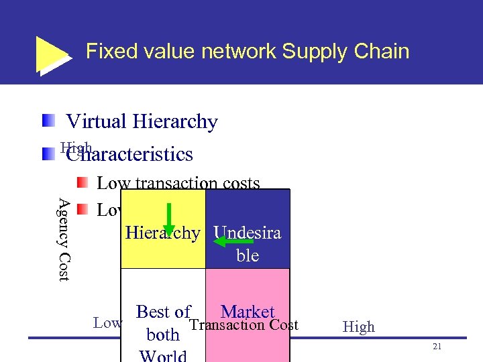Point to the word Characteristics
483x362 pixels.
[129, 155]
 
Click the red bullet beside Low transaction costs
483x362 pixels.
[82, 182]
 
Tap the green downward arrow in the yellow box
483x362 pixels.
[169, 219]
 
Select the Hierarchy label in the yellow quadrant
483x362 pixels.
[162, 233]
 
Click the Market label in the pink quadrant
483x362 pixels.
[248, 312]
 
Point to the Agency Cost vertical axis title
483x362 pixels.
[63, 239]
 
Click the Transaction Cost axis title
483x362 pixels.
[244, 326]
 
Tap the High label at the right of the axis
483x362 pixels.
[358, 327]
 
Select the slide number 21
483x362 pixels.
[437, 346]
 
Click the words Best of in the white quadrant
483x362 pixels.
[163, 312]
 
